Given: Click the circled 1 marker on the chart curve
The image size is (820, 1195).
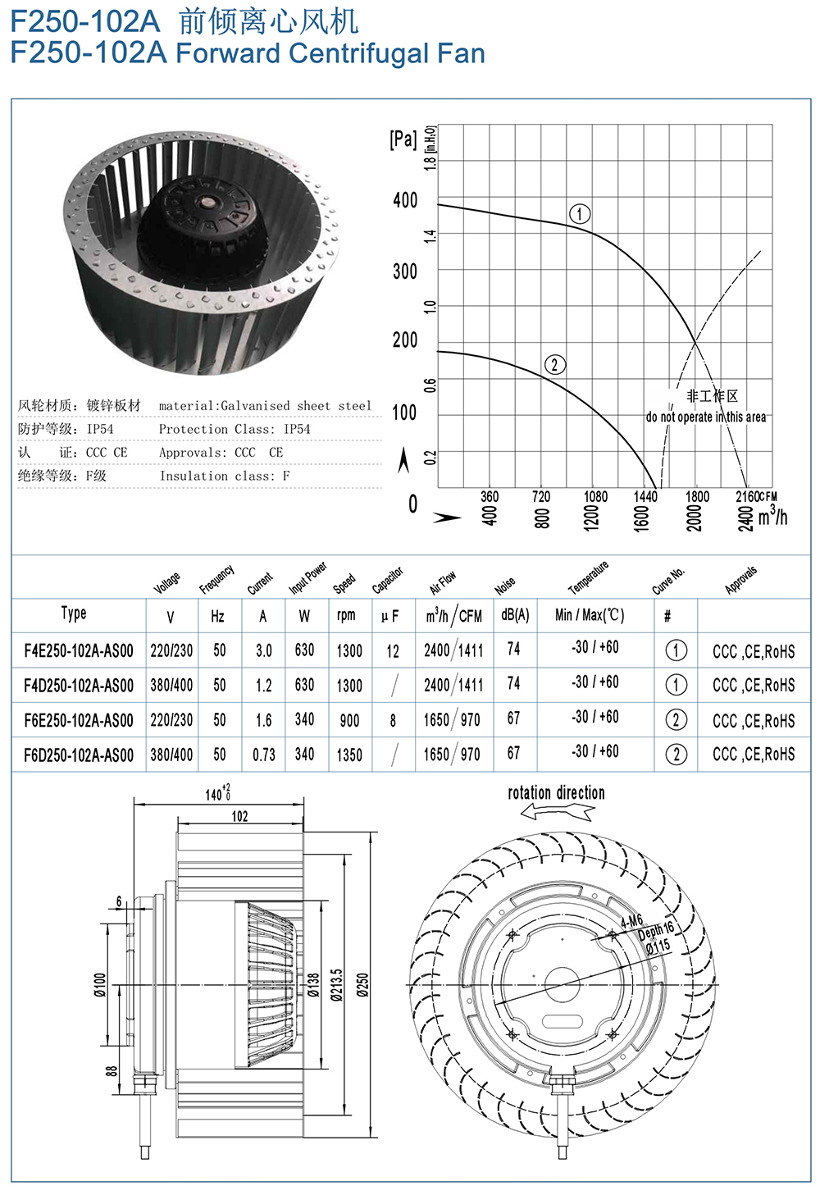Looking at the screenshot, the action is [x=580, y=214].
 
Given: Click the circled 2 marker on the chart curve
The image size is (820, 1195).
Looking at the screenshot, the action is [x=555, y=364].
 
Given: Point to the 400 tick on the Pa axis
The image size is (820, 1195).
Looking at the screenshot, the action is [x=405, y=201].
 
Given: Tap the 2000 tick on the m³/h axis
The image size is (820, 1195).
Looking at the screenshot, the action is [x=694, y=518].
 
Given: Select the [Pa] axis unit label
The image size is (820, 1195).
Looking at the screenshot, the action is [x=403, y=139].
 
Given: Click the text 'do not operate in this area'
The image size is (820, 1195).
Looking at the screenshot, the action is [x=705, y=417].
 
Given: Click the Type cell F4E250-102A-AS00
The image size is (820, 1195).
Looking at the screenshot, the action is [x=79, y=651].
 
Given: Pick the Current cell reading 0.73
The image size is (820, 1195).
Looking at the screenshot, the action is [x=263, y=755].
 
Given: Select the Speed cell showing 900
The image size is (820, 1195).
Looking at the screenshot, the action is [x=349, y=721].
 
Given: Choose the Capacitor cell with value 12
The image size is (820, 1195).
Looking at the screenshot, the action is [x=393, y=651].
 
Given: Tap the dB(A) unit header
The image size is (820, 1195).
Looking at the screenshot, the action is [x=515, y=615].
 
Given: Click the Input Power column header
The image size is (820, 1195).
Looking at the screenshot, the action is [x=307, y=577].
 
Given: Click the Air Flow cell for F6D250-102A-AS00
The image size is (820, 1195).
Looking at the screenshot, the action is [x=452, y=755].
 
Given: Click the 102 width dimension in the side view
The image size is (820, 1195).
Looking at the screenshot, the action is [x=239, y=816].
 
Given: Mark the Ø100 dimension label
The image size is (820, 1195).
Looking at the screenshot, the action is [x=100, y=984].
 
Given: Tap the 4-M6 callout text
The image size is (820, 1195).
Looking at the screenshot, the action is [x=631, y=921].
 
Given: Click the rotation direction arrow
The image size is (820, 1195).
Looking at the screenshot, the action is [x=557, y=813].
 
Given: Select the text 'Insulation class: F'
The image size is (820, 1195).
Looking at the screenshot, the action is [x=225, y=476].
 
